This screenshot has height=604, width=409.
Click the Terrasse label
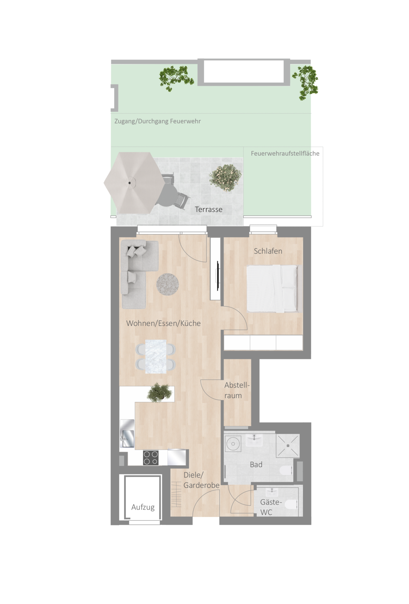(209, 210)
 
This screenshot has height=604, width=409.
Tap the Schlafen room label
(268, 251)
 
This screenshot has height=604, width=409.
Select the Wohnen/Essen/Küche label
(163, 323)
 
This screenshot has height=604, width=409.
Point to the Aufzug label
(143, 507)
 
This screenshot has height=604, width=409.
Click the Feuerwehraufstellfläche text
(285, 154)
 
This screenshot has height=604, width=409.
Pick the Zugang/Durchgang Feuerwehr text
(157, 121)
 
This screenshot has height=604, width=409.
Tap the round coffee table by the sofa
(168, 284)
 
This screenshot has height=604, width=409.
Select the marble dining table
(156, 356)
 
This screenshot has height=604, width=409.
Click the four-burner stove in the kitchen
(151, 458)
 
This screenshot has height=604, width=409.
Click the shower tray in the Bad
(288, 446)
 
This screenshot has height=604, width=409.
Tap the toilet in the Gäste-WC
(291, 504)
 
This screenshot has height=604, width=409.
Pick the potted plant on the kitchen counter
(160, 392)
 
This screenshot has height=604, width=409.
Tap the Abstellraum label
(237, 390)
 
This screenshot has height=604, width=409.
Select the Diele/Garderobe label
(201, 480)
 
